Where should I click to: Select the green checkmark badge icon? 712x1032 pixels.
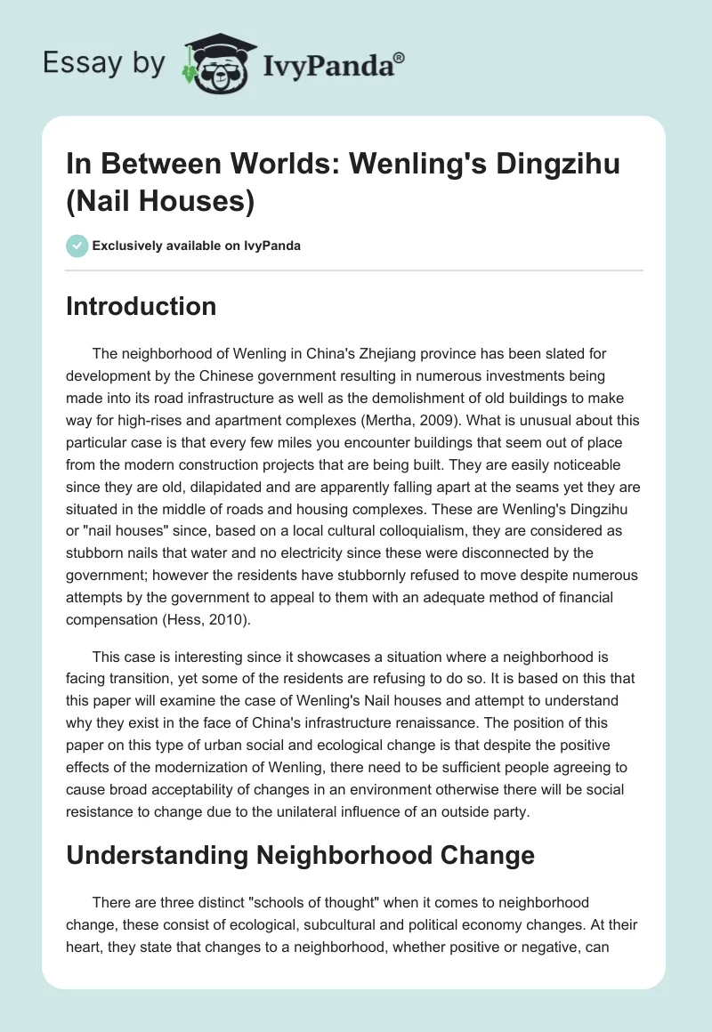tap(77, 246)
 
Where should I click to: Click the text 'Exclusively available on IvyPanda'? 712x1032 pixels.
tap(196, 246)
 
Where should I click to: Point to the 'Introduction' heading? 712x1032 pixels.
tap(142, 307)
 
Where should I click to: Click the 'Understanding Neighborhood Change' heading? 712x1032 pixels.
tap(301, 855)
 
